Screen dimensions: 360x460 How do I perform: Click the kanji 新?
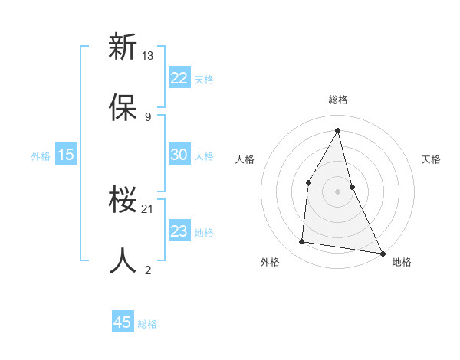point(123,47)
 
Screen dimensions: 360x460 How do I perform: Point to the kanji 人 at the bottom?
point(123,260)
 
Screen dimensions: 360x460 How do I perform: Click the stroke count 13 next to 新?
point(148,56)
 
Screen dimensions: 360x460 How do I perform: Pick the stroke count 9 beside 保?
point(148,116)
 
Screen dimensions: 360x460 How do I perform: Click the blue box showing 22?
point(179,78)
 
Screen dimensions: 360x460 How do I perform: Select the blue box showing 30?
point(179,155)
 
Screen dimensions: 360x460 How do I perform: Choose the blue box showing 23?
point(179,231)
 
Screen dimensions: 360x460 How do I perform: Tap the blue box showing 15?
point(66,155)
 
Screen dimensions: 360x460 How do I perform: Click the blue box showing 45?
point(123,322)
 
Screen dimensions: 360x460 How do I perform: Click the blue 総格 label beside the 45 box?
point(147,324)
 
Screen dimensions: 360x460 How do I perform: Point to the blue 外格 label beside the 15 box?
point(41,156)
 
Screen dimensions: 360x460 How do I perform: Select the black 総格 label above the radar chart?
point(338,100)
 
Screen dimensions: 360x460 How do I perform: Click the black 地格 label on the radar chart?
point(402,262)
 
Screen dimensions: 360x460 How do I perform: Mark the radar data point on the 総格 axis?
point(338,129)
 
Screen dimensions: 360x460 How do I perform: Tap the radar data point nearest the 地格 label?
point(382,253)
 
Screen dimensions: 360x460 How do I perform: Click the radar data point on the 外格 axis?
point(302,242)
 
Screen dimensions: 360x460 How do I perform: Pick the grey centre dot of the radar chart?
point(338,191)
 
